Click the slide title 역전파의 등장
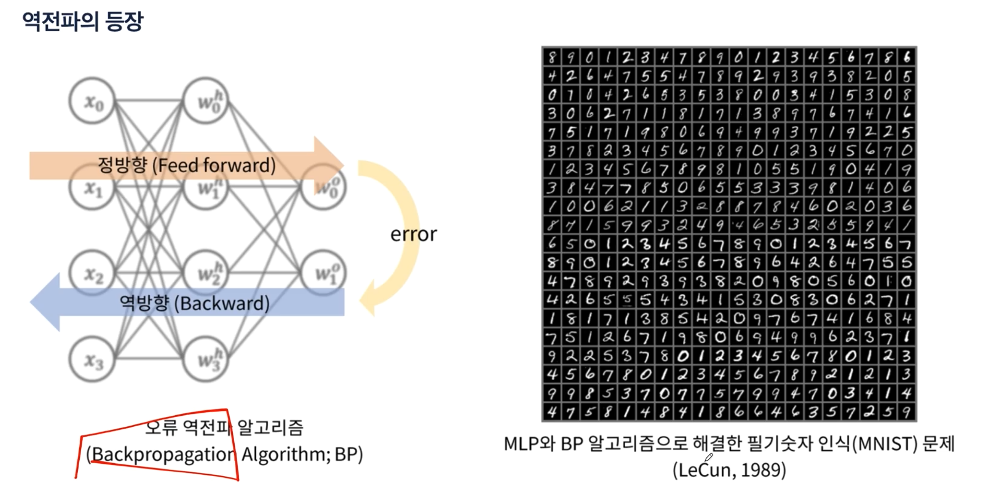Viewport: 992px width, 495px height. (x=82, y=21)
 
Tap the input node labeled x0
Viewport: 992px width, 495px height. (x=92, y=101)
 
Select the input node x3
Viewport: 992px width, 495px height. (x=92, y=360)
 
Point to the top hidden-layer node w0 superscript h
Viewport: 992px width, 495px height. (x=206, y=101)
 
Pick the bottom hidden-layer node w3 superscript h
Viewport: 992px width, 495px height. (x=206, y=360)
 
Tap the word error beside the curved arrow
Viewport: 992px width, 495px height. (x=414, y=234)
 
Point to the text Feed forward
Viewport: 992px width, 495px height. (x=217, y=165)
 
